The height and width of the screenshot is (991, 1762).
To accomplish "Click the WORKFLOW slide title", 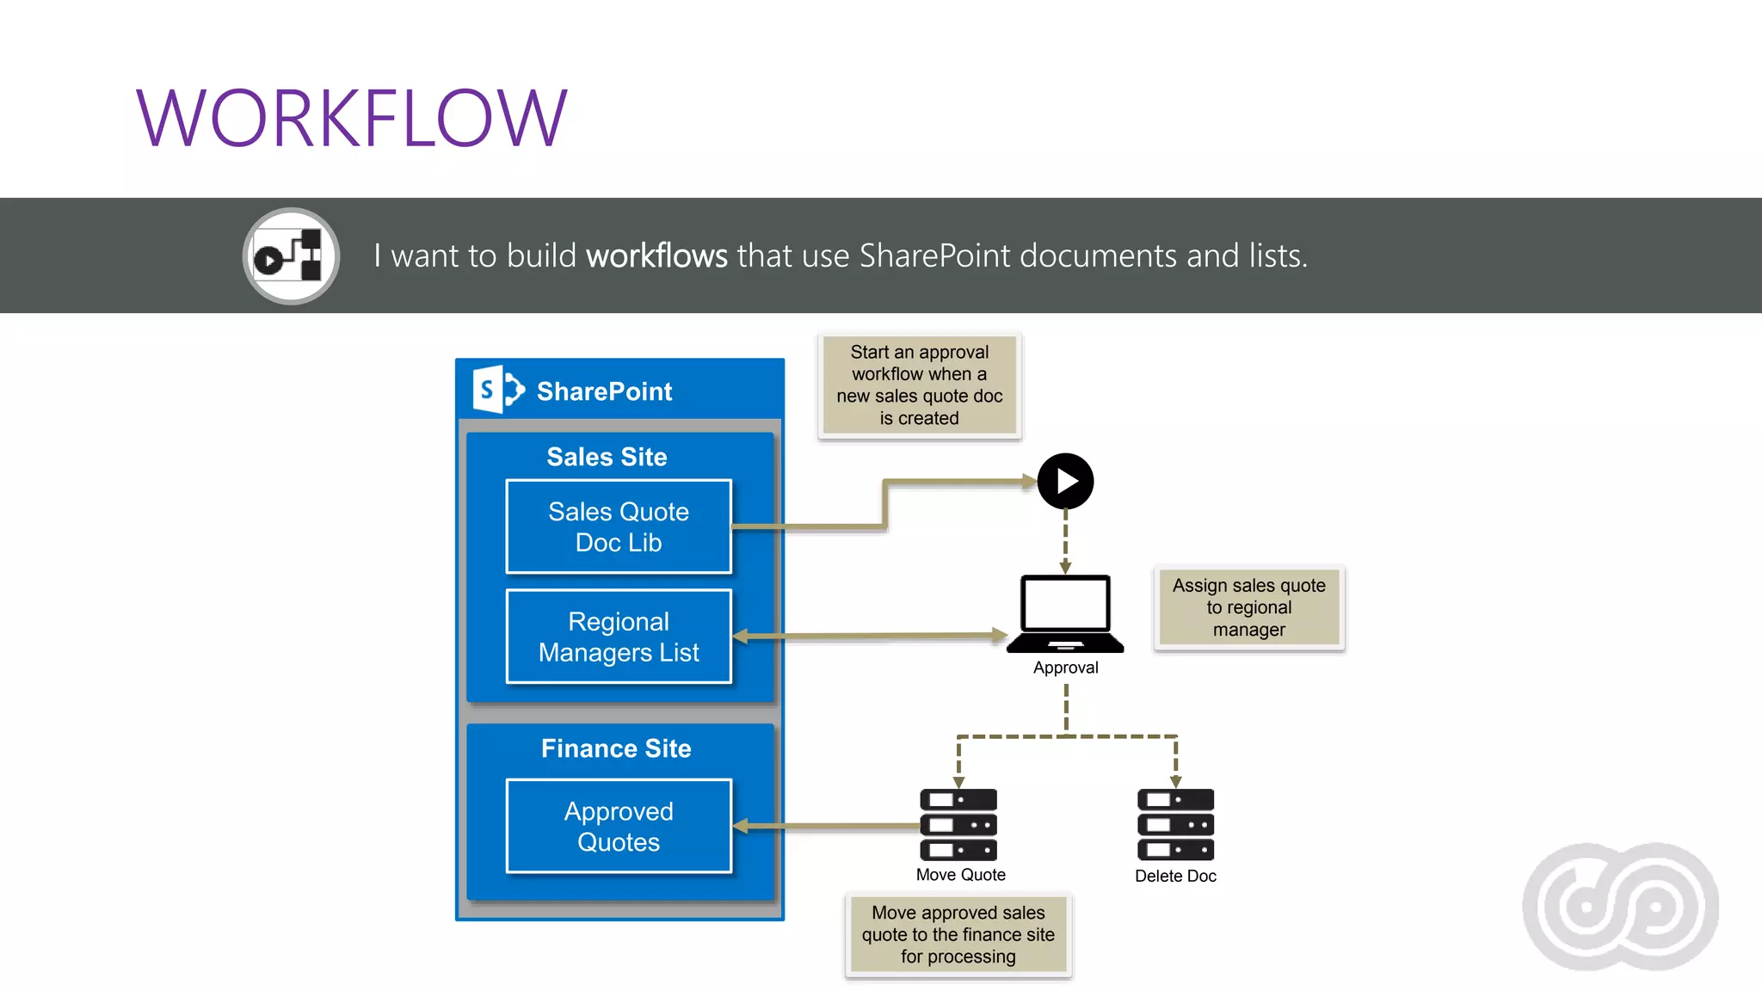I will [352, 119].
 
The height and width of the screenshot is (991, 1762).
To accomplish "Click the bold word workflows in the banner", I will [656, 256].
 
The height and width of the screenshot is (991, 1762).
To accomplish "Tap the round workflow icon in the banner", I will [291, 256].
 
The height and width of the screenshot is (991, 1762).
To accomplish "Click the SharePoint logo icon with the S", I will [497, 390].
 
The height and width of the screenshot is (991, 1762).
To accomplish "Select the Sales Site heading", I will [607, 457].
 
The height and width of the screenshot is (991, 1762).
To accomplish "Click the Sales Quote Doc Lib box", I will [619, 526].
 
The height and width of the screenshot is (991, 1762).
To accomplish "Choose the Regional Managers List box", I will [619, 637].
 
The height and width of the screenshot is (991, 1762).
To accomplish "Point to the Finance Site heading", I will [616, 748].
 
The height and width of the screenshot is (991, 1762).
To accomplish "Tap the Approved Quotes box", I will [619, 826].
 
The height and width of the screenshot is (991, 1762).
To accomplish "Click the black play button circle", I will [1065, 481].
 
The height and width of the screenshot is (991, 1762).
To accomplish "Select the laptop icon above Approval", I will [1065, 613].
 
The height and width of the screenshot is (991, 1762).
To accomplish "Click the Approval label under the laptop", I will [1065, 668].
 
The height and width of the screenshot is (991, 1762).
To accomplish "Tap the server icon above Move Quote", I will [958, 824].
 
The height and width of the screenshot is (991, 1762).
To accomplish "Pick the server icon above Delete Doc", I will [1175, 824].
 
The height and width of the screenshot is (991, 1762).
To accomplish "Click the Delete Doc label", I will [1175, 876].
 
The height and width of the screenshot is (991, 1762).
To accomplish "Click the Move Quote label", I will [960, 875].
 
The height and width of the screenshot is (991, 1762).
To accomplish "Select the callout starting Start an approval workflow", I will [919, 385].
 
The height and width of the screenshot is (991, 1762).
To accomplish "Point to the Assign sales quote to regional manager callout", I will [1248, 607].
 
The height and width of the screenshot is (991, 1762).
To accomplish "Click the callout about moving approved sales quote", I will [958, 934].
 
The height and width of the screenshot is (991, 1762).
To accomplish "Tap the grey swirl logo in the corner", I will [1620, 906].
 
